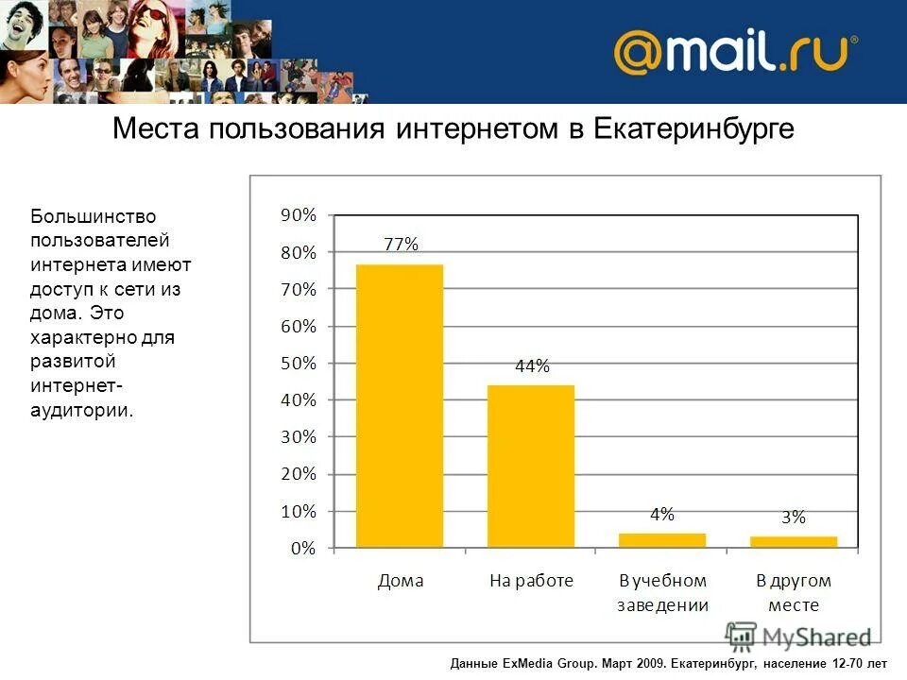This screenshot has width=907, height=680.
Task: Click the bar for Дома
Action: pyautogui.click(x=400, y=406)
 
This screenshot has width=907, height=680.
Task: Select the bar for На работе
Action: pyautogui.click(x=531, y=467)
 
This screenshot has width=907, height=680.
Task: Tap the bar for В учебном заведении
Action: pyautogui.click(x=662, y=540)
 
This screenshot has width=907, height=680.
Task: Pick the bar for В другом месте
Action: pyautogui.click(x=794, y=541)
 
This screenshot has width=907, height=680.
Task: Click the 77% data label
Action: pyautogui.click(x=401, y=245)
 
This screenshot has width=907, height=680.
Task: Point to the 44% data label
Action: pyautogui.click(x=532, y=366)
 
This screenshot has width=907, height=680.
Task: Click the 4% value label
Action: pyautogui.click(x=662, y=515)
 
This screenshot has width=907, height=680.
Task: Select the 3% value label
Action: pyautogui.click(x=794, y=518)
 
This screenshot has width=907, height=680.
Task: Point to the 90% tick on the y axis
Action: pyautogui.click(x=299, y=215)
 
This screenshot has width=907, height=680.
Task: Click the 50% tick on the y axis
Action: pyautogui.click(x=299, y=363)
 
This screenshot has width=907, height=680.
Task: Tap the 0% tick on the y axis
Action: pyautogui.click(x=302, y=548)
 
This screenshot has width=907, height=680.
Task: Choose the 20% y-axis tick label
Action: pyautogui.click(x=299, y=474)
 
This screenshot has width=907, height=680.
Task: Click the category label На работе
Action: pyautogui.click(x=531, y=581)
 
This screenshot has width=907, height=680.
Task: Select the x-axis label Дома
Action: pyautogui.click(x=401, y=581)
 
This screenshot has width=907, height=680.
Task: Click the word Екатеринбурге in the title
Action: pyautogui.click(x=693, y=130)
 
